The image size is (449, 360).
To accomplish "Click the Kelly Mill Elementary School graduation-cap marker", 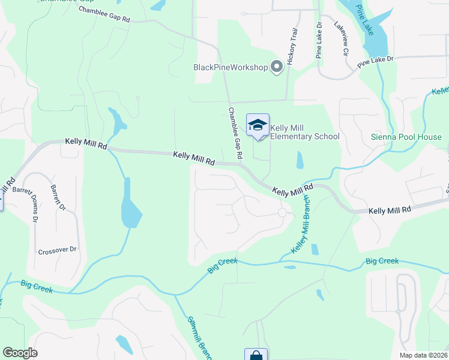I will coord(258,125).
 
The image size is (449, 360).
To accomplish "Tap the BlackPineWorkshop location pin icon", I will coord(277,67).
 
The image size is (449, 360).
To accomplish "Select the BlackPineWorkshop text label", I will coord(230,67).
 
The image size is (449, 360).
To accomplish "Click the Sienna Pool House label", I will coord(406,136).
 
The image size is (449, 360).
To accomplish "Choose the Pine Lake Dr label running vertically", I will coord(319,40).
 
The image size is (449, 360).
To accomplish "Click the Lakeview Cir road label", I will coord(341,39).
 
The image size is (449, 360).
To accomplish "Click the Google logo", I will coord(20,353).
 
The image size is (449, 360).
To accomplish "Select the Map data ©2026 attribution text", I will coord(423,355).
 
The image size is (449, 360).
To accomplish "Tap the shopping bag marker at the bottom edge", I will coord(255,355).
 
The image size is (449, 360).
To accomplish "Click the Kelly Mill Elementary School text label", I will coord(304,132).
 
